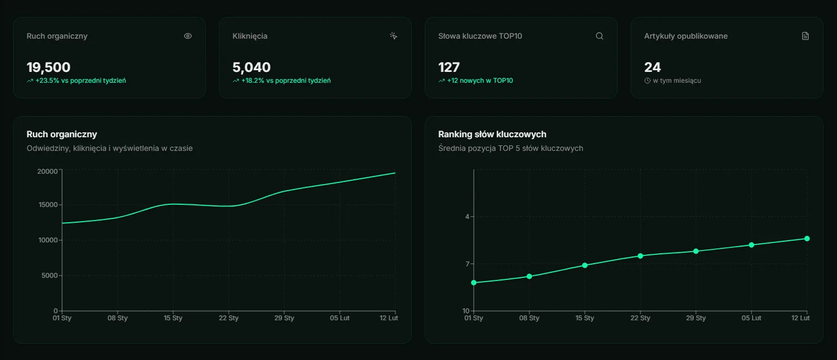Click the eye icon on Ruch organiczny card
coord(188,36)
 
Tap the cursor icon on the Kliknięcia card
coord(394,36)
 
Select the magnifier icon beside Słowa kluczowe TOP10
coord(600,36)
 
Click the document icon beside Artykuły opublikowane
coord(805,36)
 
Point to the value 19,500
coord(48,68)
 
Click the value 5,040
coord(252,68)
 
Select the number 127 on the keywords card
coord(449,68)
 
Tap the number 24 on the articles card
coord(652,68)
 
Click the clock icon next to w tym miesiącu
coord(647,81)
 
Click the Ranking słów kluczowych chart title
coord(492,134)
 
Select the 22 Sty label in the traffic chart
coord(229,318)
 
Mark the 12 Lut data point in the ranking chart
coord(807,239)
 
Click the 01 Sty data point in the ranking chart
coord(474,283)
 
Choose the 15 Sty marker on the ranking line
coord(585,265)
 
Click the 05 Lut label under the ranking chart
coord(752,318)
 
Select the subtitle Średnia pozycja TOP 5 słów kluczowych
coord(510,148)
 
